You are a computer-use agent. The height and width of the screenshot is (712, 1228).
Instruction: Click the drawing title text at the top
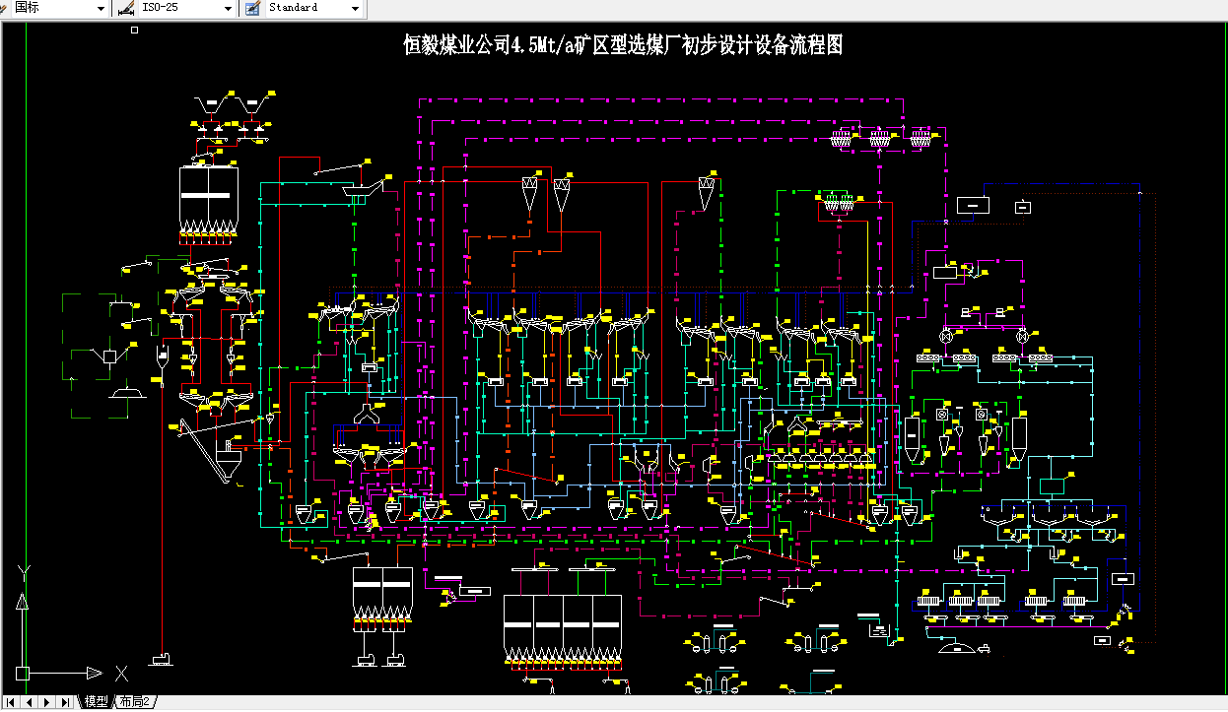coord(623,45)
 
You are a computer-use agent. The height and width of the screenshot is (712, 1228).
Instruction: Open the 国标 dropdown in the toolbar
coord(59,8)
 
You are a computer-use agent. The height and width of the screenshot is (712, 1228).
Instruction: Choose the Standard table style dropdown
coord(313,8)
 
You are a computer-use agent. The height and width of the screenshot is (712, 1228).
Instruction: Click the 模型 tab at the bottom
coord(96,702)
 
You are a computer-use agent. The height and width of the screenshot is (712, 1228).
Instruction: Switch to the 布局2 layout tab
coord(135,702)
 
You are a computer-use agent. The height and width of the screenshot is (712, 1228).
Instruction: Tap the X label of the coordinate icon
coord(121,674)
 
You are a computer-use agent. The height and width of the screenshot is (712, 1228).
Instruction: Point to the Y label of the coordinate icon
coord(26,571)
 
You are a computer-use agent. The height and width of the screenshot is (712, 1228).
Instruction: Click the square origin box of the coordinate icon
coord(22,674)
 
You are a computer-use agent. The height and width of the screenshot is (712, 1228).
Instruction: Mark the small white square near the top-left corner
coord(135,31)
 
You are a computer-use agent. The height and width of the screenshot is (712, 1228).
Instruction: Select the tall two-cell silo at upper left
coord(208,197)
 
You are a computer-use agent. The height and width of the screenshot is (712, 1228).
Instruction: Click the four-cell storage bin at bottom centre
coord(562,626)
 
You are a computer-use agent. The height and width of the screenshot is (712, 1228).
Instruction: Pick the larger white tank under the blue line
coord(974,205)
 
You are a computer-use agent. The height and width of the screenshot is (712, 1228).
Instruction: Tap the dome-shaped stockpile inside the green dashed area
coord(126,395)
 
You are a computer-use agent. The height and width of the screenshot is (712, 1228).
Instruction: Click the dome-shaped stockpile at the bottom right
coord(954,647)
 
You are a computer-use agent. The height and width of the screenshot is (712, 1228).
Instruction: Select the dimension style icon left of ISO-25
coord(125,8)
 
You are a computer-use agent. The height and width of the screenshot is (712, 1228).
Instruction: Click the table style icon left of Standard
coord(252,8)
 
